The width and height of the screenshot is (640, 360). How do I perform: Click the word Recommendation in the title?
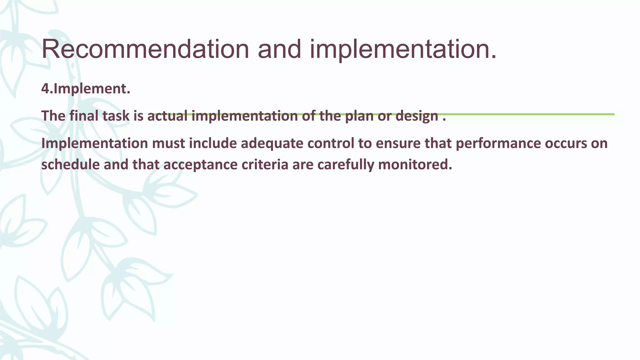click(145, 49)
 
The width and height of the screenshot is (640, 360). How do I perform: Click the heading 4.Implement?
click(86, 89)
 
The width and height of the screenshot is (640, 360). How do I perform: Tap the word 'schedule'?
click(70, 165)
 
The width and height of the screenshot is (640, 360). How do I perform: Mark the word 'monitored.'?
click(415, 165)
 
